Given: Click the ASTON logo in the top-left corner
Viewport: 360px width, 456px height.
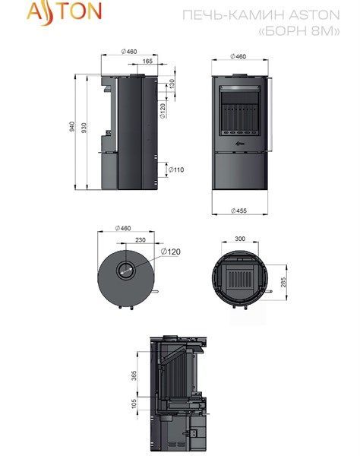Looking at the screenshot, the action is point(64,12).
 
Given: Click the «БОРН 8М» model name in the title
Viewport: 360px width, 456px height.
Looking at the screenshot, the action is point(299,30).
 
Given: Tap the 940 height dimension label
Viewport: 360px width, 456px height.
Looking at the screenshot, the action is point(71,126).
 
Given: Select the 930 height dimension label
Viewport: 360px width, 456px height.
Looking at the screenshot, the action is point(84,128).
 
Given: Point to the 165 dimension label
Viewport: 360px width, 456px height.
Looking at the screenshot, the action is point(147,61).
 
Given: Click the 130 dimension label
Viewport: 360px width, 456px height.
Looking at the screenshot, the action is point(172,84).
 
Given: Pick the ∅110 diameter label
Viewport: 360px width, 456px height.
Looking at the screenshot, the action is point(176,169).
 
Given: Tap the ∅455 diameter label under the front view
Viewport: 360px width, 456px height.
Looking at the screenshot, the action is point(238,211).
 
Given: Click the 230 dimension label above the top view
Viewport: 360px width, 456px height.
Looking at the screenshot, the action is point(141,240).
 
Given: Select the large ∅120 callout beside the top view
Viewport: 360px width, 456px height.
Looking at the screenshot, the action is point(171,252).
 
